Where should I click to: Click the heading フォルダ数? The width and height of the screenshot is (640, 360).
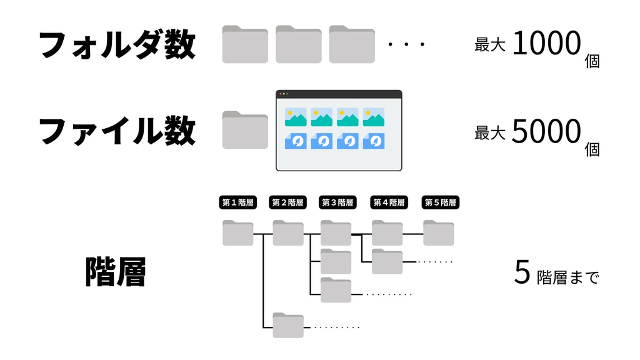pyautogui.click(x=117, y=44)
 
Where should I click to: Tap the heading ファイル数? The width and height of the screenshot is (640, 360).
pyautogui.click(x=117, y=131)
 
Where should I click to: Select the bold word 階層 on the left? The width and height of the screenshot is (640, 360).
pyautogui.click(x=116, y=272)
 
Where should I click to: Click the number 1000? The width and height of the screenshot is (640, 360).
pyautogui.click(x=546, y=44)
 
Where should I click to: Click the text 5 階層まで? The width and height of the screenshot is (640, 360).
pyautogui.click(x=556, y=274)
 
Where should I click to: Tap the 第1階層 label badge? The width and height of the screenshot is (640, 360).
pyautogui.click(x=238, y=202)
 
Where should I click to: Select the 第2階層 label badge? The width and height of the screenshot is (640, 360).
pyautogui.click(x=287, y=202)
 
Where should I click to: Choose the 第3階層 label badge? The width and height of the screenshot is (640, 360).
pyautogui.click(x=337, y=202)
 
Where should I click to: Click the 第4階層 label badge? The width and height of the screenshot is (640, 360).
pyautogui.click(x=389, y=202)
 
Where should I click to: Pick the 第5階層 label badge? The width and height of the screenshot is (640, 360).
pyautogui.click(x=441, y=202)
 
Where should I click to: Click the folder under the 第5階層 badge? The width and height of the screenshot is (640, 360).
pyautogui.click(x=438, y=232)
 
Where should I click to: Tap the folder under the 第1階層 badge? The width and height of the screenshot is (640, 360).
pyautogui.click(x=238, y=232)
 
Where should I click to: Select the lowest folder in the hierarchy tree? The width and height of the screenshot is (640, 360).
pyautogui.click(x=288, y=326)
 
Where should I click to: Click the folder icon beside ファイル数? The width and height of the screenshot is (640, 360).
pyautogui.click(x=245, y=130)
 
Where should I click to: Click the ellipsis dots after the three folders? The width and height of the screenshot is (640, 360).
pyautogui.click(x=406, y=45)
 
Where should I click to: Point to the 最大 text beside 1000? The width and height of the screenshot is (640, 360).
pyautogui.click(x=490, y=45)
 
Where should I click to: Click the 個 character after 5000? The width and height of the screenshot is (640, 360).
pyautogui.click(x=592, y=149)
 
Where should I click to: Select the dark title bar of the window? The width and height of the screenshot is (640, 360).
pyautogui.click(x=339, y=94)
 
